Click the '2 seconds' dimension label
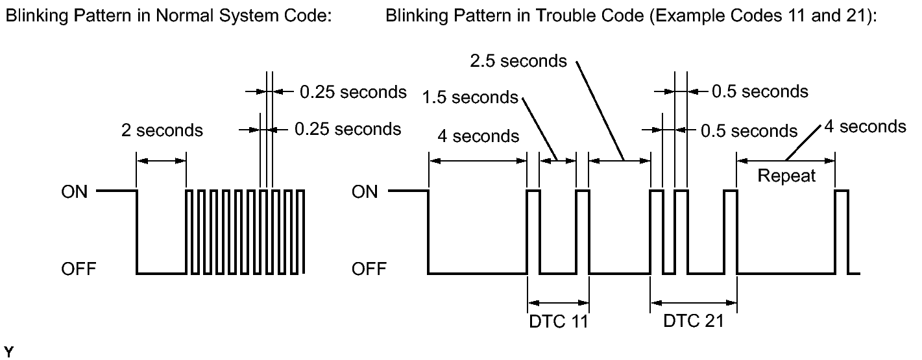162,130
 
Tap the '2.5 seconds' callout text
518,61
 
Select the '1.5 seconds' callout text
470,97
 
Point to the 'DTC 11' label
559,321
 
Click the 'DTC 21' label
694,321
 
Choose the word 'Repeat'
786,176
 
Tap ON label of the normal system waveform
75,192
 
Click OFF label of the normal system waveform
79,269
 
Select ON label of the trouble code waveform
365,192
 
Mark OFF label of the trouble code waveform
369,269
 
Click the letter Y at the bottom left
8,352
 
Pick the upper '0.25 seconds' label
353,92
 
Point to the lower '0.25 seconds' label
348,129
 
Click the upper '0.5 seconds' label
760,91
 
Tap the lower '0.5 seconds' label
749,131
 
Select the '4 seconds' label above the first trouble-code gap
478,136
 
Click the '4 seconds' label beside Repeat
865,126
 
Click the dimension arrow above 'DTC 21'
694,303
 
